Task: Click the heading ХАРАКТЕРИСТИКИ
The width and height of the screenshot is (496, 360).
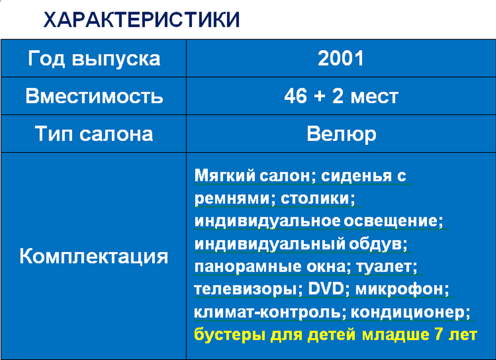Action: click(141, 19)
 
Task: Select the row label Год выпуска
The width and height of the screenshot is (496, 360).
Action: click(94, 59)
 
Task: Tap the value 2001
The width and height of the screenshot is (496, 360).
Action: click(341, 59)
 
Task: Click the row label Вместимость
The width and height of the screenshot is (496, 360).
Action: click(94, 96)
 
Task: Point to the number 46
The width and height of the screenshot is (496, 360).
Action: click(296, 96)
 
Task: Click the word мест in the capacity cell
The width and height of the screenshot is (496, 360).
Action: click(374, 97)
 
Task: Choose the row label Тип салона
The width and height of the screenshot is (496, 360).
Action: click(94, 133)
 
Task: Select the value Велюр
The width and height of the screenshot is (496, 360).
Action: click(341, 134)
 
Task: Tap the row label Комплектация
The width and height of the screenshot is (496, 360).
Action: click(94, 256)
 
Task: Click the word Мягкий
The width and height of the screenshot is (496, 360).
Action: click(224, 176)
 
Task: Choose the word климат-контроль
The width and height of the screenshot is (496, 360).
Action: click(267, 312)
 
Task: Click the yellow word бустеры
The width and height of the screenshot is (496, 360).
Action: click(230, 335)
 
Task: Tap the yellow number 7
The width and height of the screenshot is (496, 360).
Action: click(439, 335)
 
